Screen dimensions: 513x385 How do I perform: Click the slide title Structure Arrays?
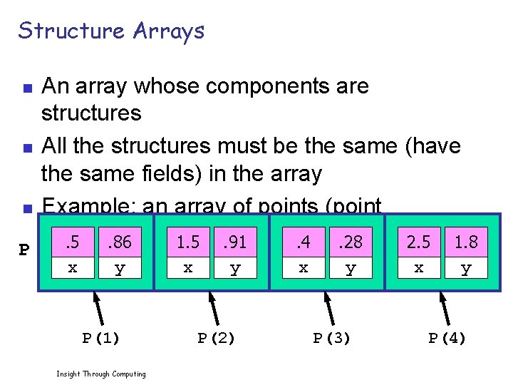(111, 31)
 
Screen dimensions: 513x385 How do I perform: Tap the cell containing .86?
(119, 242)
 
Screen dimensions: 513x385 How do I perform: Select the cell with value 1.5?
(188, 242)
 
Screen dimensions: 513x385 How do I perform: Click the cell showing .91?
(234, 242)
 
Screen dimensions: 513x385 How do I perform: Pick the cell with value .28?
(350, 242)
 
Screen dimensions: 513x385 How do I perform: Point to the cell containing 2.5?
(418, 242)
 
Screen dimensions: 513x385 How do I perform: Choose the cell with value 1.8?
(466, 242)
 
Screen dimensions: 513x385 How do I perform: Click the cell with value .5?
(72, 242)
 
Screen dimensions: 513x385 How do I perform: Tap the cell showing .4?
(303, 242)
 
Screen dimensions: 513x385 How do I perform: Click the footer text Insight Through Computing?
(100, 374)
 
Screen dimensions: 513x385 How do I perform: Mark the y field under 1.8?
(466, 269)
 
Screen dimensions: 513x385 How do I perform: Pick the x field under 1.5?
(188, 269)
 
